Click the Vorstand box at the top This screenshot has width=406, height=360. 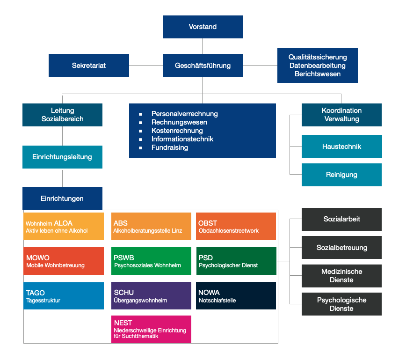click(203, 27)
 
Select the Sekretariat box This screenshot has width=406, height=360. click(89, 66)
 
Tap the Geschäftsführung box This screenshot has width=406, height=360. click(203, 66)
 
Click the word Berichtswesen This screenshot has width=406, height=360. click(318, 74)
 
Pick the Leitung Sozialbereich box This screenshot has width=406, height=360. click(62, 115)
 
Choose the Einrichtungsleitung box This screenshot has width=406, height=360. click(62, 157)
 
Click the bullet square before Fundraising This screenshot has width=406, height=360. click(140, 148)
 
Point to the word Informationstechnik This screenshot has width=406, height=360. click(182, 139)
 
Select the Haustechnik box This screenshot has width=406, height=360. click(342, 146)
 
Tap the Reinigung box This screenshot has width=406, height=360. click(341, 175)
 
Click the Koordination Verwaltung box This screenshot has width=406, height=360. click(341, 115)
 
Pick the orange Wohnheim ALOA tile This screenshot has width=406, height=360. click(64, 226)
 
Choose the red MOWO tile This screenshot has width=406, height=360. click(64, 261)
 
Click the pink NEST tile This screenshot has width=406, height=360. click(151, 329)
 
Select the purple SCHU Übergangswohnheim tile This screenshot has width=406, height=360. click(151, 295)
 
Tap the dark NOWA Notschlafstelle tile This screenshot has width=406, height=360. click(236, 295)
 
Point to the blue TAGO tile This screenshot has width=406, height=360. click(64, 296)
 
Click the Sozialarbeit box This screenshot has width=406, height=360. click(341, 219)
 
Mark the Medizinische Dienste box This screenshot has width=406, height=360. click(341, 276)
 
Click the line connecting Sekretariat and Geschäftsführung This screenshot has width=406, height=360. click(146, 66)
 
